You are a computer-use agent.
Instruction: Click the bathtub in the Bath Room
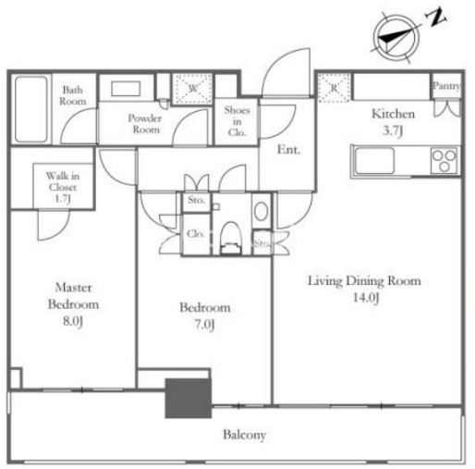30,109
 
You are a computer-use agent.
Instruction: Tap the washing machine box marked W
192,89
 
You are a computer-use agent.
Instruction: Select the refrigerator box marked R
335,88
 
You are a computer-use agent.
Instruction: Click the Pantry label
446,86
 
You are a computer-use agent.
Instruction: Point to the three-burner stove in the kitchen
444,160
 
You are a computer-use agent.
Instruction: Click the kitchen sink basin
374,160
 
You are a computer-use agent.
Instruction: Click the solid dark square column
189,398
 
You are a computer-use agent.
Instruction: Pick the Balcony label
244,435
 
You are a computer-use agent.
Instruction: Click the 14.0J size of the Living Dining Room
366,298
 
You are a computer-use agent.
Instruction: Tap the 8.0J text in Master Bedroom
73,321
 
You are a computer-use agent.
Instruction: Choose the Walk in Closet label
63,187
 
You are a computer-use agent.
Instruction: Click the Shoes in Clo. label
237,121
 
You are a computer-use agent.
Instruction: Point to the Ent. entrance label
288,150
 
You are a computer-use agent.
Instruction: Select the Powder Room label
145,124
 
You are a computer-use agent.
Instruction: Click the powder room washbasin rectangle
126,89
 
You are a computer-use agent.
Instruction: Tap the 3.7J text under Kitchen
393,131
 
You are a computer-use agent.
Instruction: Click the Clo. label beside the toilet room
196,234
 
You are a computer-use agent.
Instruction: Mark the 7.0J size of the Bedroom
204,325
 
